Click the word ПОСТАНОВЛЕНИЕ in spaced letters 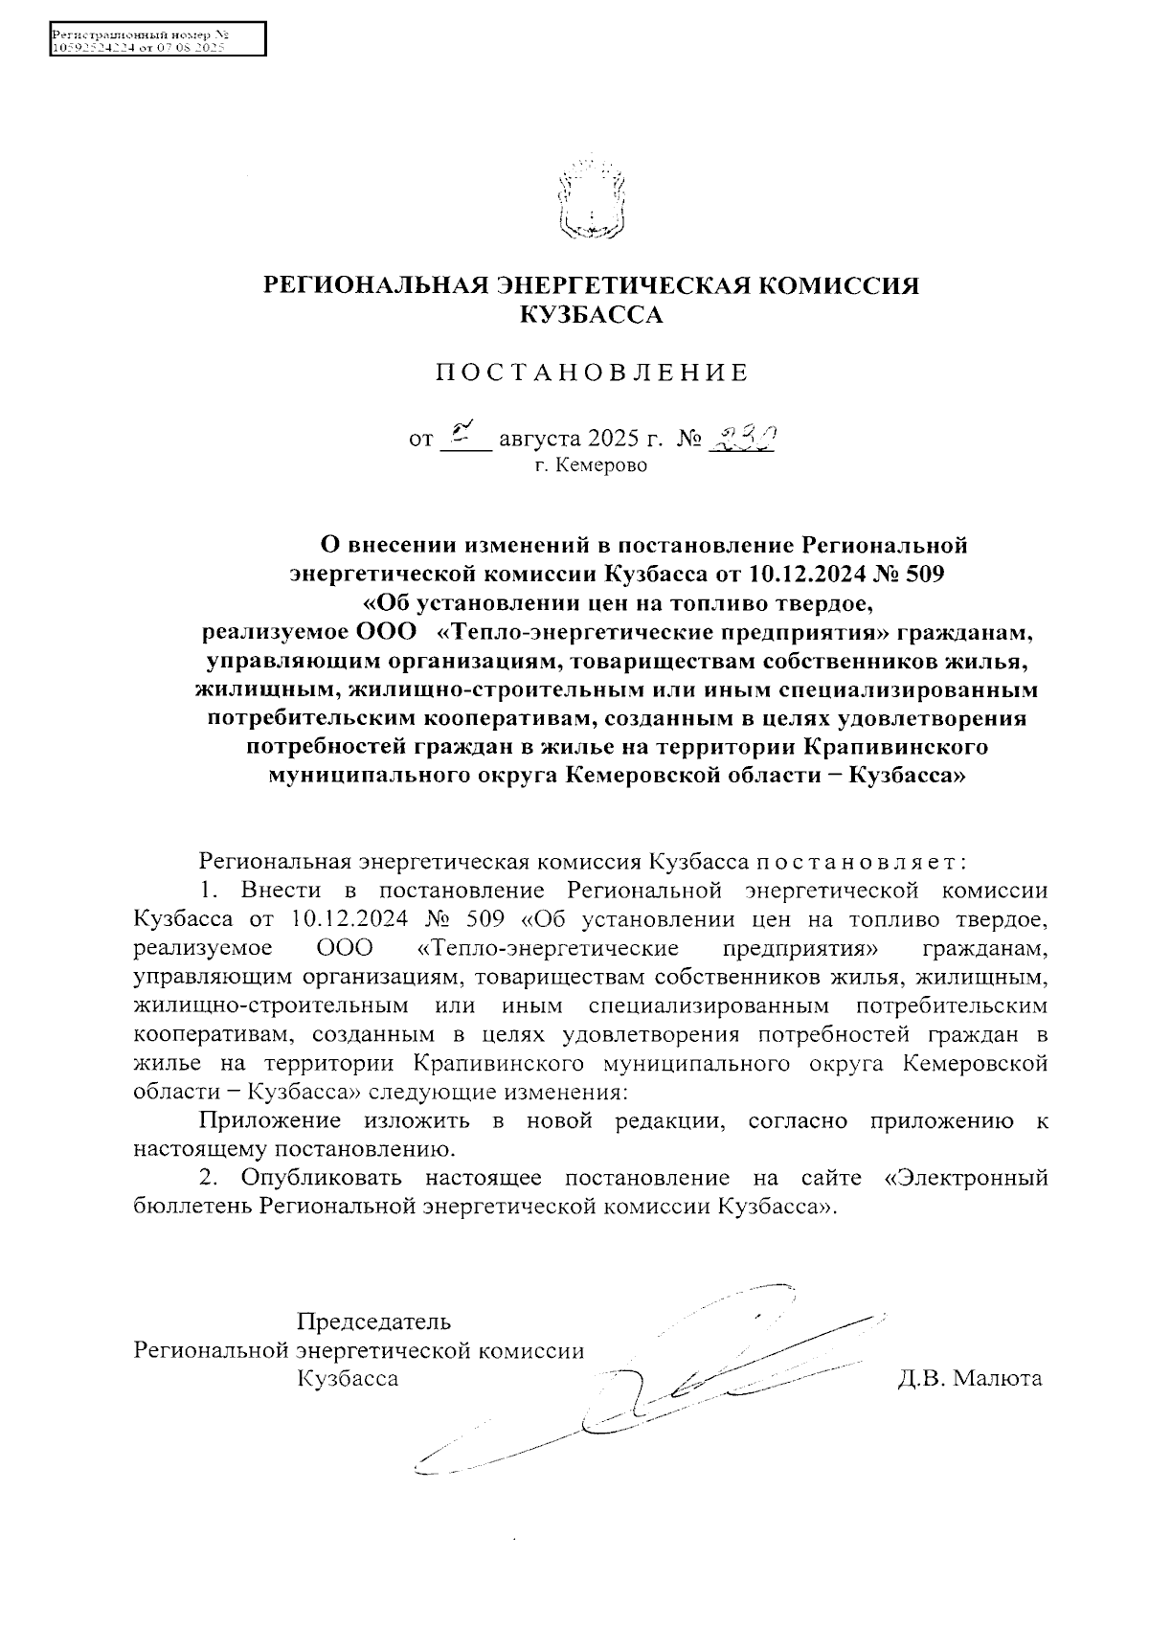(x=591, y=373)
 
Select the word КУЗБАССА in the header (x=591, y=314)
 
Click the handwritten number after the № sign (x=738, y=438)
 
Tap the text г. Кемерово (x=591, y=466)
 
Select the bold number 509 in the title (x=922, y=575)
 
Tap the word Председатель (x=373, y=1322)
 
